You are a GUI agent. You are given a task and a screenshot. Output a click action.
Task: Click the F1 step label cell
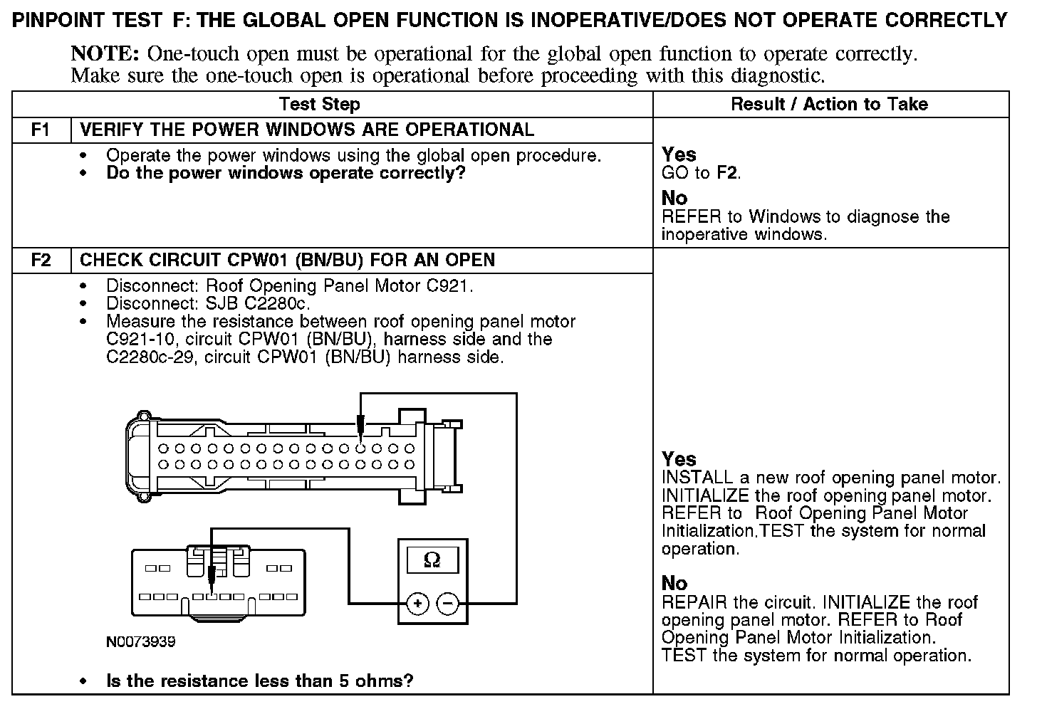(41, 130)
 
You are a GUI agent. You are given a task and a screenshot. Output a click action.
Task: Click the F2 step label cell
(41, 261)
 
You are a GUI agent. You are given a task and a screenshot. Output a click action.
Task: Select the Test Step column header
(320, 105)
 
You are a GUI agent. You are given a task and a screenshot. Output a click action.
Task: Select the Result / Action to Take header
(829, 105)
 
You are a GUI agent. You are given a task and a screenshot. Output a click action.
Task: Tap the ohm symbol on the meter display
(432, 560)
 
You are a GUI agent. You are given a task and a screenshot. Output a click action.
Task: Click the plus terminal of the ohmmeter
(417, 604)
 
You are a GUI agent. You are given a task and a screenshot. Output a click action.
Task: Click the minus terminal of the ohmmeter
(448, 604)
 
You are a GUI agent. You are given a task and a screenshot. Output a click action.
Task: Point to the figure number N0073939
(141, 641)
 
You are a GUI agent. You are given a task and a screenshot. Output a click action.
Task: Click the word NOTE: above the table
(105, 54)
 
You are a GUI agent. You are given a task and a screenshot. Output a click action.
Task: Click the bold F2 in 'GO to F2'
(727, 173)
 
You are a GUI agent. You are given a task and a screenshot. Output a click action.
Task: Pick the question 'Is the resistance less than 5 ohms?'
(259, 681)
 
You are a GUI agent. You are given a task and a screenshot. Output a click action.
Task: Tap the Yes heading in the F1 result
(679, 154)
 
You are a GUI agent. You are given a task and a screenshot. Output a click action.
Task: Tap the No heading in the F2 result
(674, 583)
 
